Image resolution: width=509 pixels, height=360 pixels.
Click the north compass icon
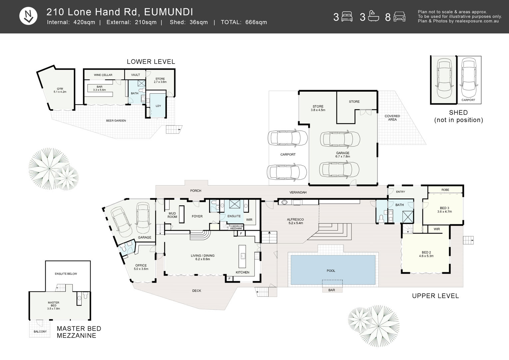tap(28, 16)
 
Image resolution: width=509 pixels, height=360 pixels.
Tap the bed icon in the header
tap(347, 17)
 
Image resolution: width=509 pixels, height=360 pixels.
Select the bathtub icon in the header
tap(373, 16)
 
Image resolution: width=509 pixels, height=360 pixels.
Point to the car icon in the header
tap(399, 17)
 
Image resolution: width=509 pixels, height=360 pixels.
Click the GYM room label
tap(60, 89)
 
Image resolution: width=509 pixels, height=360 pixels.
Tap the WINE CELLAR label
tap(103, 75)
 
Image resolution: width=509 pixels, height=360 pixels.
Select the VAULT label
tap(136, 75)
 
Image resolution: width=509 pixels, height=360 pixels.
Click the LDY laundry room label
tap(158, 106)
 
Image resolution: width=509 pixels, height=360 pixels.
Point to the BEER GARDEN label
tap(116, 121)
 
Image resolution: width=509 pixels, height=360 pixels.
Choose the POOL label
tap(331, 271)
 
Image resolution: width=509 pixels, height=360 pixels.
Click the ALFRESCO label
tap(295, 219)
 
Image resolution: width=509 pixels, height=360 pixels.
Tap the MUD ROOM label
tap(172, 215)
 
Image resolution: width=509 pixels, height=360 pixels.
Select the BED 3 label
tap(444, 208)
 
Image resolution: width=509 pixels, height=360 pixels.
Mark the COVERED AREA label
tap(392, 118)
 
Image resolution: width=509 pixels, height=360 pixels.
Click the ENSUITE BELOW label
tap(66, 274)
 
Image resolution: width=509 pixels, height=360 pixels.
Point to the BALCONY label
tap(40, 332)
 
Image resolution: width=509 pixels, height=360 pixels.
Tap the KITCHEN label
tap(243, 272)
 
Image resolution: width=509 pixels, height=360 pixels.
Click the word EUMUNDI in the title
tap(168, 12)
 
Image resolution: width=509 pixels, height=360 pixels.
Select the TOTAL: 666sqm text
tap(244, 22)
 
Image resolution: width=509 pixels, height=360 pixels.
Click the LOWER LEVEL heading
tap(151, 62)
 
